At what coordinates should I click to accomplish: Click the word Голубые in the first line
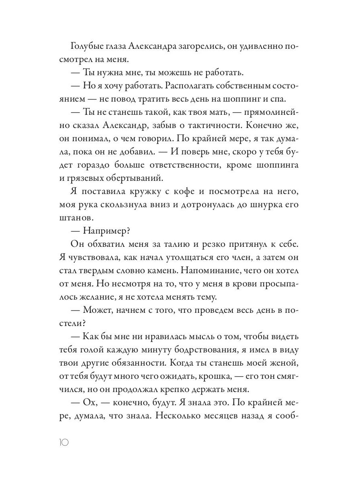click(x=88, y=47)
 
